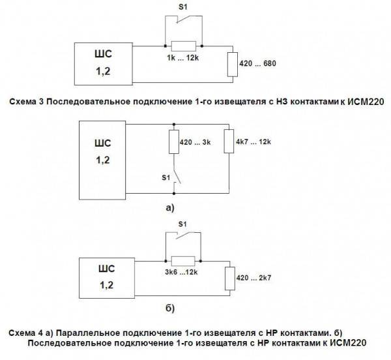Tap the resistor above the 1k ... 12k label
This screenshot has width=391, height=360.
[x=183, y=46]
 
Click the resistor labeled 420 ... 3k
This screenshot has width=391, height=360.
[x=173, y=142]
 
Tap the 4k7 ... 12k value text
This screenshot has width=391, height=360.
[x=253, y=141]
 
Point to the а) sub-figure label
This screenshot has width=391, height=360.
[x=171, y=209]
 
